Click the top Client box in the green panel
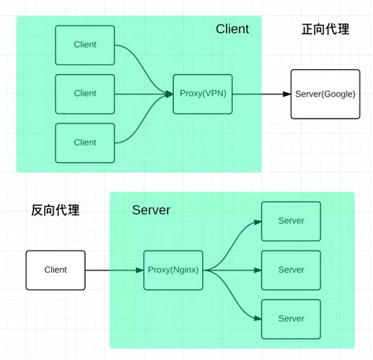[85, 45]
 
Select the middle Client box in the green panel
[85, 94]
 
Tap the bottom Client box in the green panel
[85, 142]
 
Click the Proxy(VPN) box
[203, 94]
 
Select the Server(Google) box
[325, 94]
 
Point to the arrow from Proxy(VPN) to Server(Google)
[260, 94]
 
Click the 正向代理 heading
[324, 29]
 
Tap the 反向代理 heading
[55, 210]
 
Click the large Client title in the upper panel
[232, 29]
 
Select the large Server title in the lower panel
[151, 210]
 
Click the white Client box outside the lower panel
[56, 270]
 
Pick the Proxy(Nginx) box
[173, 270]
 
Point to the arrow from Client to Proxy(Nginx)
[114, 270]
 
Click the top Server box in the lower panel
[291, 221]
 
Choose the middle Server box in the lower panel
[291, 270]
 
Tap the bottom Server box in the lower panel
[291, 318]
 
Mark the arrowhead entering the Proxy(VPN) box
[169, 94]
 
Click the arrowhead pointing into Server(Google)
[286, 94]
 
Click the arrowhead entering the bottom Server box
[257, 318]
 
